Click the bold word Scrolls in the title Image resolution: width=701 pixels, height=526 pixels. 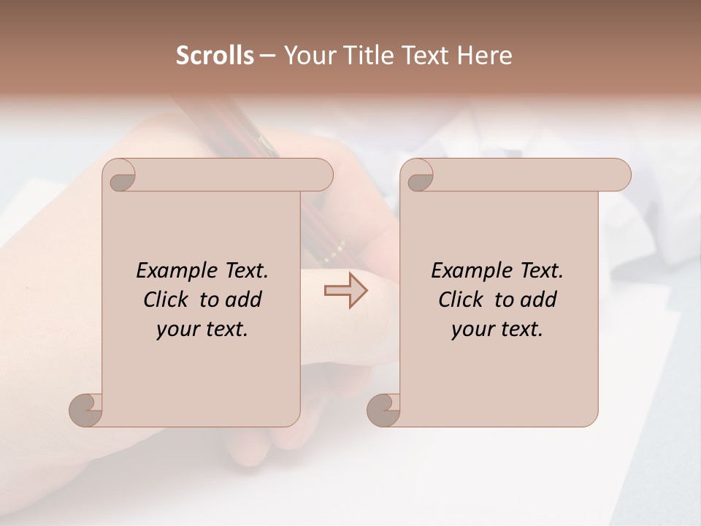coord(215,56)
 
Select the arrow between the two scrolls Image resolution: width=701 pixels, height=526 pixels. coord(346,291)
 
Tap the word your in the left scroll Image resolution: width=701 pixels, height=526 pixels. coord(178,329)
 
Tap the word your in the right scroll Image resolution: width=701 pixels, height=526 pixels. coord(473,329)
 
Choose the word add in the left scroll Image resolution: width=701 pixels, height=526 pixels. coord(244,300)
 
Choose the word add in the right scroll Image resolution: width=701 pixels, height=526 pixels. coord(539,300)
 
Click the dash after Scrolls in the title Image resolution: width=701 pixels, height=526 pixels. coord(267,56)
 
